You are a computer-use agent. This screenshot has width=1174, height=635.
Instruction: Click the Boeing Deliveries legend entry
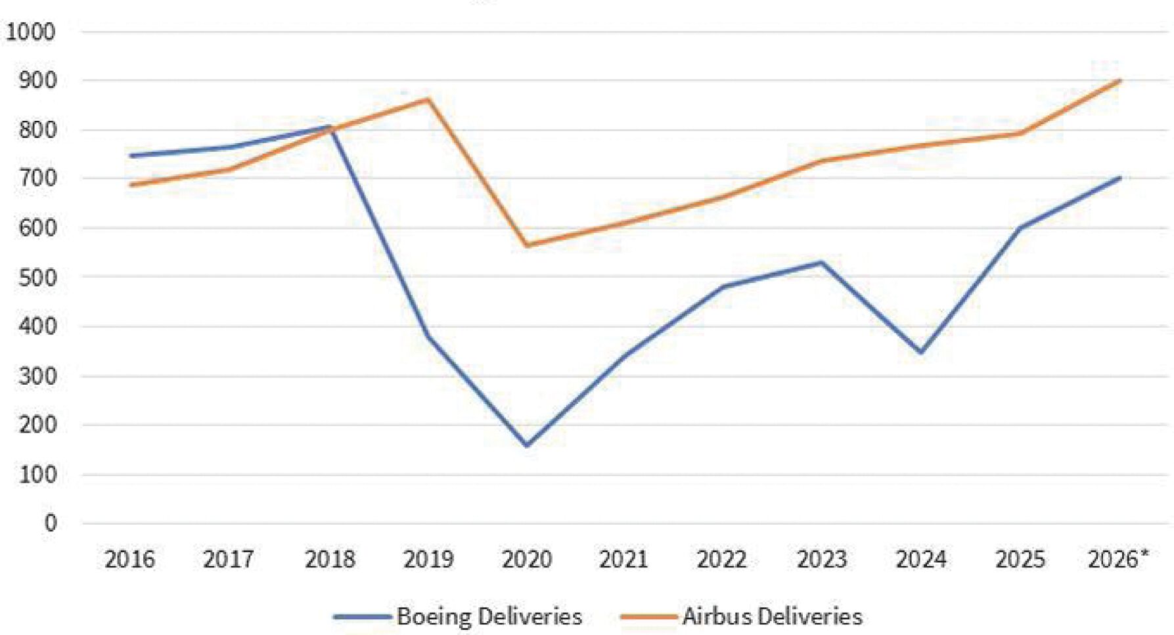pos(457,616)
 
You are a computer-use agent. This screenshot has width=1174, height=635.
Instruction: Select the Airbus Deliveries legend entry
pos(741,616)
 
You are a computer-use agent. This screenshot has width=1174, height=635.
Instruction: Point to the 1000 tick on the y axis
pos(30,31)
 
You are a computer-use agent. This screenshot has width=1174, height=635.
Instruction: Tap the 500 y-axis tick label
pos(37,276)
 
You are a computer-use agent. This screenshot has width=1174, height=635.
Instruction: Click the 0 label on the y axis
pos(51,523)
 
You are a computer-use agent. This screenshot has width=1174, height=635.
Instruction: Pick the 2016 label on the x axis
pos(130,559)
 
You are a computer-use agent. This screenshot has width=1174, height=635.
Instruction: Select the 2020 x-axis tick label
pos(526,559)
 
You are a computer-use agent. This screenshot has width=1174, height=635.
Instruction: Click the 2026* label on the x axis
pos(1118,559)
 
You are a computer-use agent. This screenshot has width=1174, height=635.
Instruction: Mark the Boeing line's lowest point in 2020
pos(526,445)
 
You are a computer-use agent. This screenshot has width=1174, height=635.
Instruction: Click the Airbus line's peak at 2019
pos(428,99)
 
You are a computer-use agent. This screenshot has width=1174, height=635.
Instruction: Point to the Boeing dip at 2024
pos(921,352)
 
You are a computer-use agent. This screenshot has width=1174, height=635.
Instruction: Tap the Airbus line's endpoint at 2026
pos(1119,81)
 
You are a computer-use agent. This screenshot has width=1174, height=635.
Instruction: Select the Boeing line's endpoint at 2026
pos(1119,178)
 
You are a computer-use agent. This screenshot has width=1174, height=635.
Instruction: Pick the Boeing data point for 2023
pos(822,263)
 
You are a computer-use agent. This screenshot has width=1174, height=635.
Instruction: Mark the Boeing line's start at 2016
pos(131,156)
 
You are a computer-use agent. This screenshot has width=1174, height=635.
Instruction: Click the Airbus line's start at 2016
pos(131,185)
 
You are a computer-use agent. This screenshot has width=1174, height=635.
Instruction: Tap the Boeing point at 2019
pos(428,337)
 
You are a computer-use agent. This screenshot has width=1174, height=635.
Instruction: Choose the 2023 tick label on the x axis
pos(822,559)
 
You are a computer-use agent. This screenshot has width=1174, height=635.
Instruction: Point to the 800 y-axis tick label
pos(37,129)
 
